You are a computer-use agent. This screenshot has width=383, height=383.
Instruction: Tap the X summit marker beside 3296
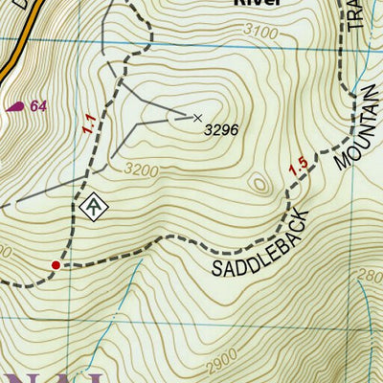click(198, 118)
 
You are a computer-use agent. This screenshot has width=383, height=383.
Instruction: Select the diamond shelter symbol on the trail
click(92, 205)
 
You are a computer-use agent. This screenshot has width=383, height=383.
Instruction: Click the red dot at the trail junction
click(56, 264)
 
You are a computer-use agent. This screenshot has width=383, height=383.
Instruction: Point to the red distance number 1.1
click(89, 123)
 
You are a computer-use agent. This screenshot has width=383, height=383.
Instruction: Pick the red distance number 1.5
click(298, 167)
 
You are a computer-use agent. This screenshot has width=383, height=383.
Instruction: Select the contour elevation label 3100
click(259, 34)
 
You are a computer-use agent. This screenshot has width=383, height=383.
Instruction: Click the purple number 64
click(38, 106)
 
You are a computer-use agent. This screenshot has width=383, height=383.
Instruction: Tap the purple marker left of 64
click(15, 107)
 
